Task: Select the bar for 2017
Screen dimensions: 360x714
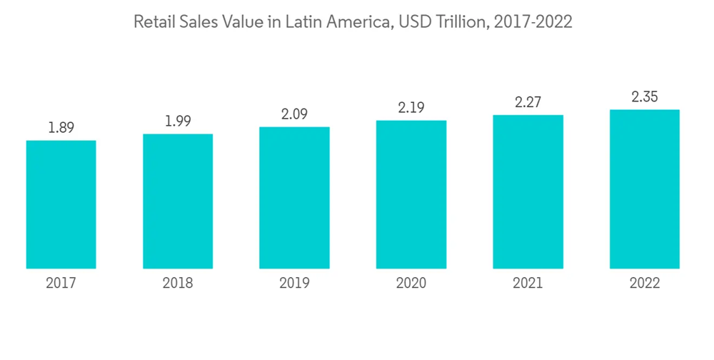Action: coord(61,204)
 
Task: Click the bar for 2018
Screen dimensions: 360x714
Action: coord(178,201)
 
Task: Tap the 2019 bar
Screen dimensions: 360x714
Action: coord(294,198)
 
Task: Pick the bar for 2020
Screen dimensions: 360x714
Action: coord(411,194)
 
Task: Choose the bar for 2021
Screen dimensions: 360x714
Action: coord(528,192)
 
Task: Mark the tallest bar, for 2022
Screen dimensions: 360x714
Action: coord(645,189)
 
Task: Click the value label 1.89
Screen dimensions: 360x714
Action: coord(61,128)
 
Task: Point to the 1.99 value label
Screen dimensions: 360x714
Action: coord(178,121)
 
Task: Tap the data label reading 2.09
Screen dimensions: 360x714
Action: coord(294,114)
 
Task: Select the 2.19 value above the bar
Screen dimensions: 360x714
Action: coord(411,108)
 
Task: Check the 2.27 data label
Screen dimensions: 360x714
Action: coord(528,102)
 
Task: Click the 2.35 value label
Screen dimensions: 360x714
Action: coord(645,97)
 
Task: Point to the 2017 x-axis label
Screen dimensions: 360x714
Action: coord(61,284)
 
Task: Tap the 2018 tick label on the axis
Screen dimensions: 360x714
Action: coord(178,284)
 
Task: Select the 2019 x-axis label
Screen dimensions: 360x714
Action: coord(294,284)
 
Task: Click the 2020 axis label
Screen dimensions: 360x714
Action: coord(411,284)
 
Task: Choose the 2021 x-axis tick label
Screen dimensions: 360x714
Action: coord(528,284)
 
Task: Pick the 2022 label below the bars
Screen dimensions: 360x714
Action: coord(645,284)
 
